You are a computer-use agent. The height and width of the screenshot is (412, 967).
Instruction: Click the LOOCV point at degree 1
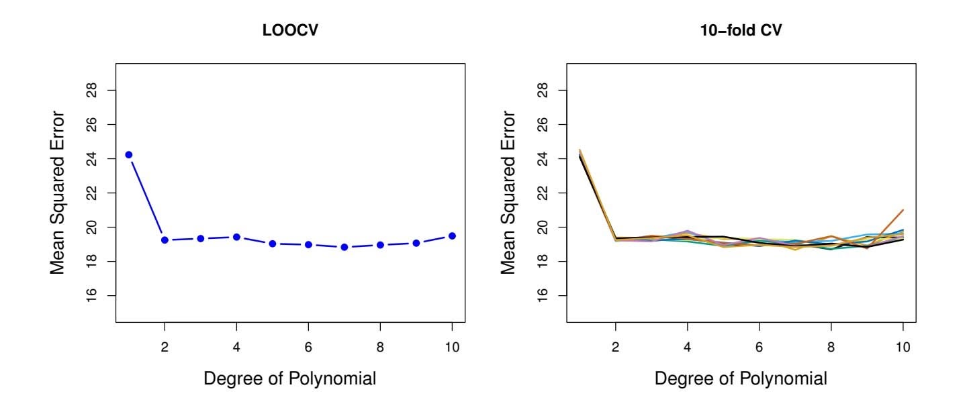pos(129,155)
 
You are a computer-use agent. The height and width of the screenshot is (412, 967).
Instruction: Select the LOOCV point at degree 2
pos(165,240)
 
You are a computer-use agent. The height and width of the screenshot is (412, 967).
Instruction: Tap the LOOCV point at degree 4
pos(236,237)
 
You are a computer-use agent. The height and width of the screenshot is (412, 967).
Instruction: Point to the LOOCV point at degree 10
pos(452,236)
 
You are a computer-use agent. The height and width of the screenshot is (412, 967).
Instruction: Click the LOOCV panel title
pos(289,31)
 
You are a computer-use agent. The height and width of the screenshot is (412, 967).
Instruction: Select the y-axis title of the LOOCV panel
pos(58,193)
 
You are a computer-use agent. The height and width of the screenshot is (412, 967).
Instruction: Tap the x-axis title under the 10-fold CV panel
pos(741,378)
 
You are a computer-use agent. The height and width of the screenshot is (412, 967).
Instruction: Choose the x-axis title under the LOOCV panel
pos(289,378)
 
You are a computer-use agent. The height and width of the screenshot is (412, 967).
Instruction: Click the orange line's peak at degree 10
pos(903,210)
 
